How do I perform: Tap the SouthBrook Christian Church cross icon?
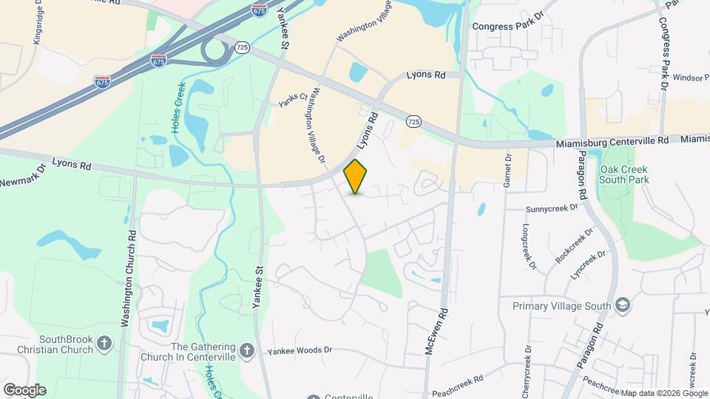(105, 344)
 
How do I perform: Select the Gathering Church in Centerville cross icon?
(250, 348)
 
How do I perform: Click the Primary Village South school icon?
(623, 305)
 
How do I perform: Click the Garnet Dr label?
(507, 171)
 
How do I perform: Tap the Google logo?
(24, 389)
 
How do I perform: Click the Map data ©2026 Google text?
(663, 393)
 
